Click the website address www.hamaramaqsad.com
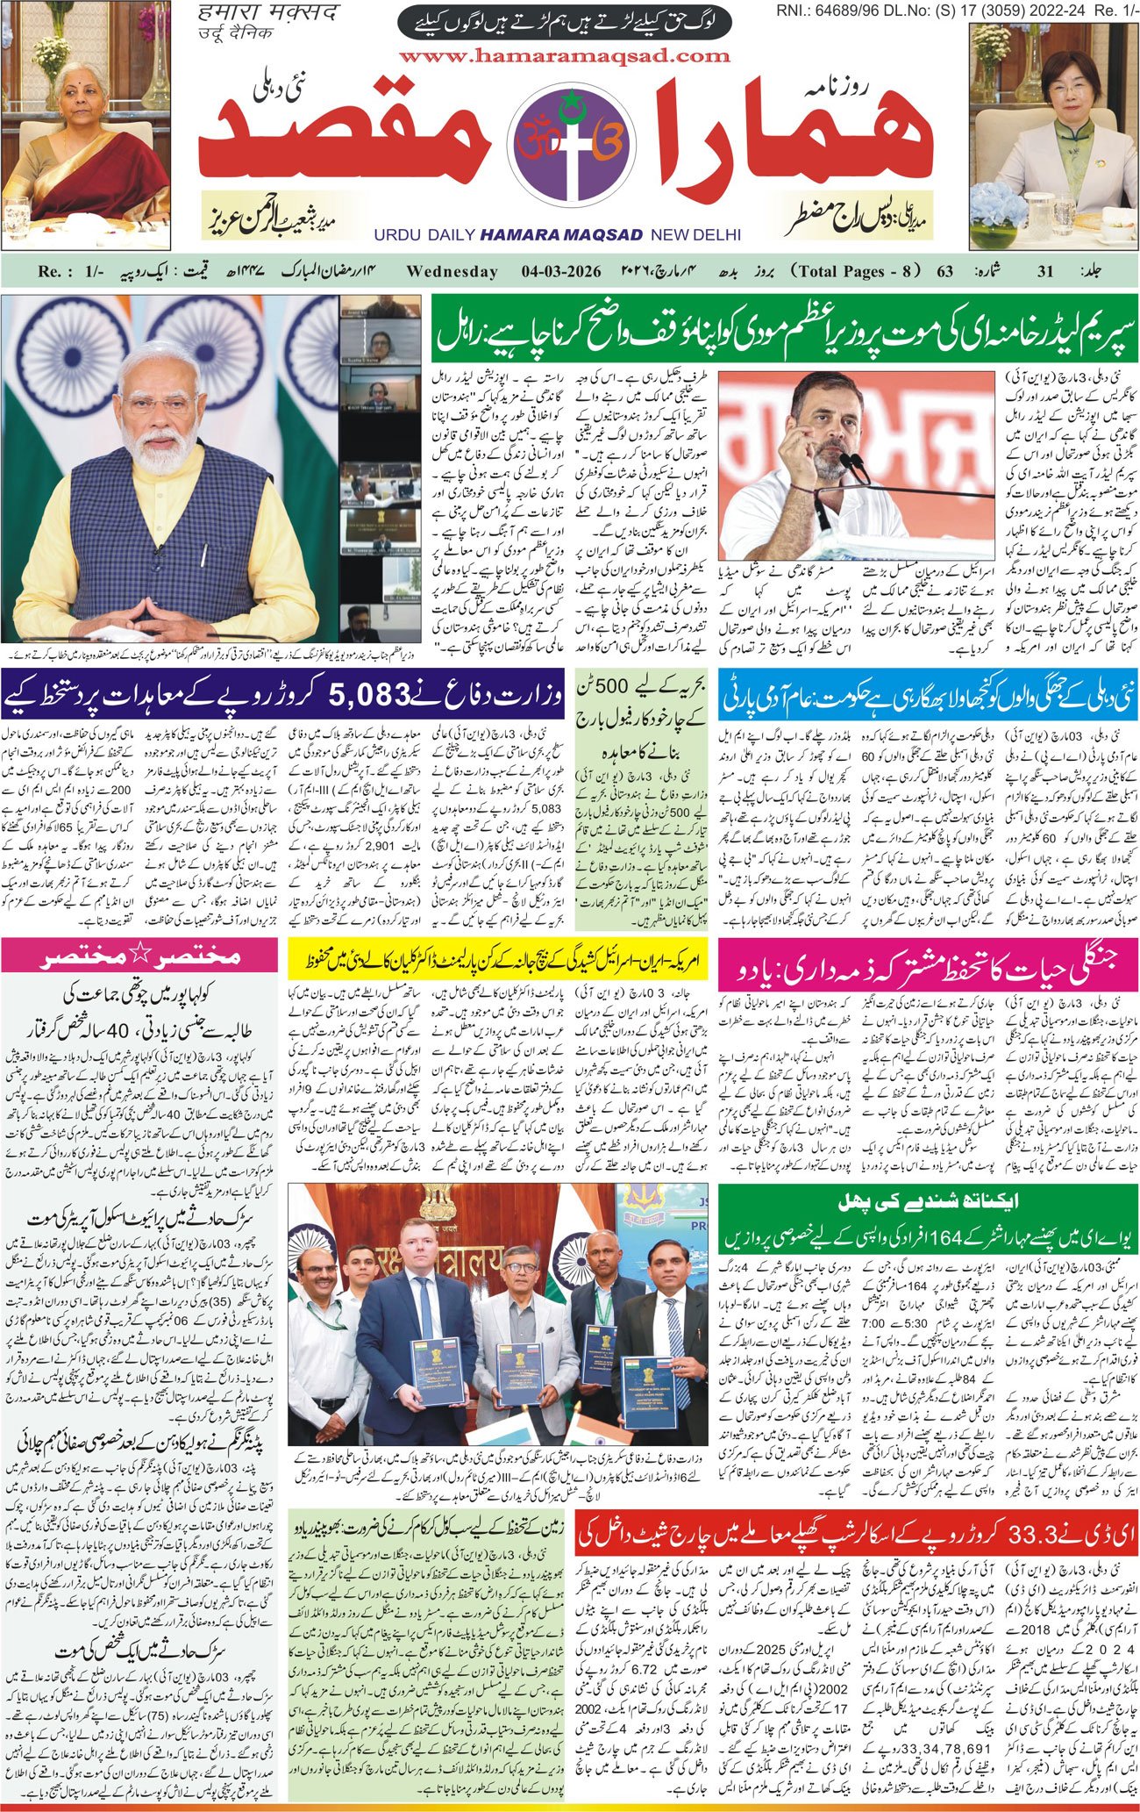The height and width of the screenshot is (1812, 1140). (569, 55)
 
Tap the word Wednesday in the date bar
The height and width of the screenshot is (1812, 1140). (452, 272)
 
